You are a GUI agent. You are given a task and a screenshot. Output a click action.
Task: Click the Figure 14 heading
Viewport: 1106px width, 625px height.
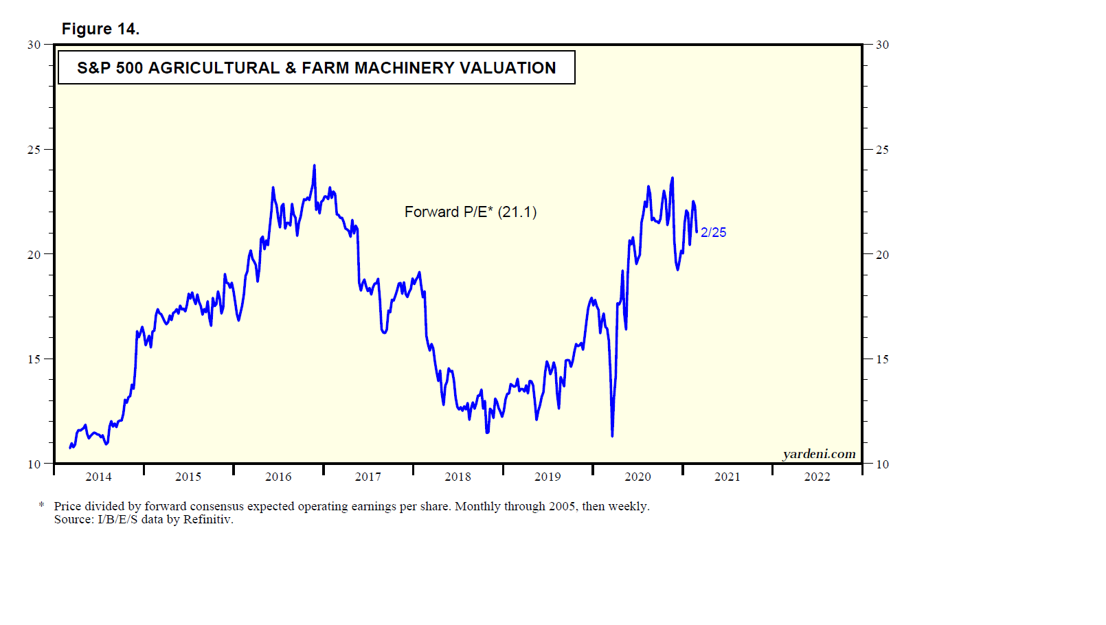100,29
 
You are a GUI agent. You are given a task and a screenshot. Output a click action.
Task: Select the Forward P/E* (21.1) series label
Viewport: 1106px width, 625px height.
471,212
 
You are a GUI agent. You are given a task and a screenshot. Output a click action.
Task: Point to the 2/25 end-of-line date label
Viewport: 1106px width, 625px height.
713,233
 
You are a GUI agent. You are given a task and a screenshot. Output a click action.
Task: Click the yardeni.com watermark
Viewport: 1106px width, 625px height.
819,454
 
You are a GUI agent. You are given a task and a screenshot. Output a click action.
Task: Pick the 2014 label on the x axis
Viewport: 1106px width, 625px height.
98,477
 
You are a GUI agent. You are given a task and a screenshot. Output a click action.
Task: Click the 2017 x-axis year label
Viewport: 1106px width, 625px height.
368,477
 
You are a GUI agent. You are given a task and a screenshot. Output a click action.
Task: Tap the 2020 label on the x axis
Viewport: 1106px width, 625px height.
637,477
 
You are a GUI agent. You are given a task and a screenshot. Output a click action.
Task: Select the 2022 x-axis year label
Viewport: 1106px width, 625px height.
817,477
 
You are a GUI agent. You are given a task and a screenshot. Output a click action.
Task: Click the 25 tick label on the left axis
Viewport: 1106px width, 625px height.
34,150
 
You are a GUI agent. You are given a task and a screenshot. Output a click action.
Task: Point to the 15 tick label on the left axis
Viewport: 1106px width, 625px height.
34,359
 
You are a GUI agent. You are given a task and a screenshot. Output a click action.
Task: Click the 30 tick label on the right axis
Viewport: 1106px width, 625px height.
882,45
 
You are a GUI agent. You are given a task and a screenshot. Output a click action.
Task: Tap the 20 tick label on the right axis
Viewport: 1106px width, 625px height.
882,255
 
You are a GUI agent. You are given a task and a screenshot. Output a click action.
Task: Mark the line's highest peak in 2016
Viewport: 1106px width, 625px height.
315,166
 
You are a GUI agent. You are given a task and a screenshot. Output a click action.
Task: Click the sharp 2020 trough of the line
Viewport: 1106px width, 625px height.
612,435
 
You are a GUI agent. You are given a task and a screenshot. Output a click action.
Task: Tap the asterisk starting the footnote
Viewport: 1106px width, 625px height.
41,505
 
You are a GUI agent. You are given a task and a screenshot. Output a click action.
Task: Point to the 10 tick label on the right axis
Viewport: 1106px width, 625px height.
882,464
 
